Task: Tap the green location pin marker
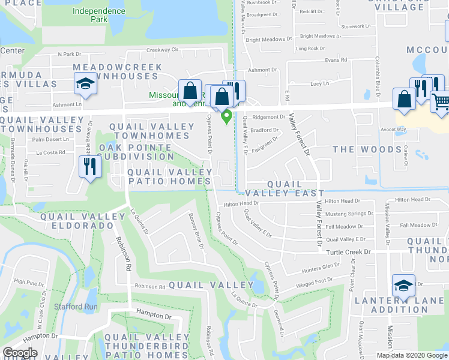pos(227,116)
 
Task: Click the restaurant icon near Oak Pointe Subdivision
pos(89,166)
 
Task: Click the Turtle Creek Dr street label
pos(348,253)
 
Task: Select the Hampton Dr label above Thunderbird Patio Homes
pos(154,316)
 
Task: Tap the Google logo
pos(20,353)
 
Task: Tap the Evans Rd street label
pos(336,60)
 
